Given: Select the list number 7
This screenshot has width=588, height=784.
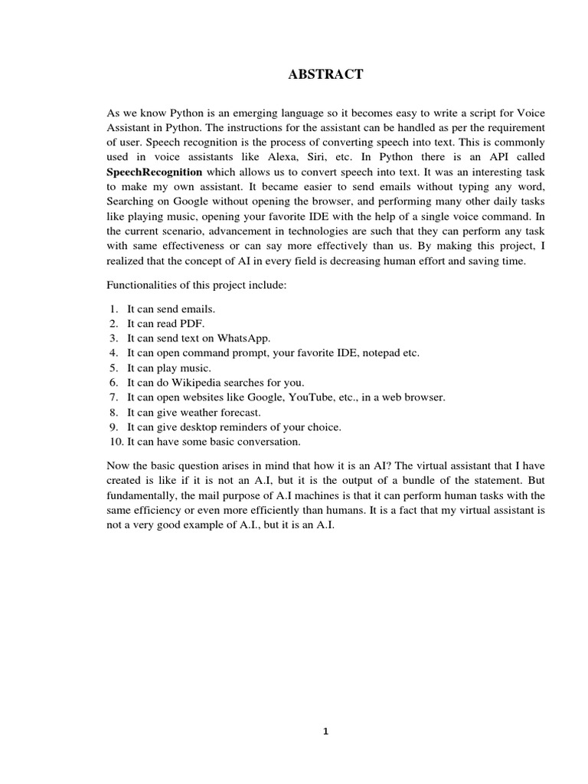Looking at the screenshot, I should [x=113, y=397].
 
